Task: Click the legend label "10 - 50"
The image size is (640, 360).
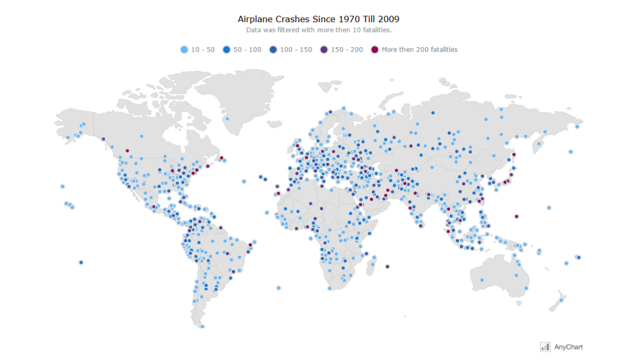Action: [x=203, y=50]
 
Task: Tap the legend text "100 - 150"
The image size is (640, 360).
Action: [x=296, y=50]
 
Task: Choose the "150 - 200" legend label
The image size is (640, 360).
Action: [x=346, y=50]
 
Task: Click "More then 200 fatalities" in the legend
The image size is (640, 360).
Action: [x=419, y=50]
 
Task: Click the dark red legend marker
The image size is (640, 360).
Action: [x=375, y=50]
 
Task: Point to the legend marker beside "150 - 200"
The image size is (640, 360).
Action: [x=324, y=50]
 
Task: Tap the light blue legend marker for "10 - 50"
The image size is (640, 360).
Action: [x=185, y=50]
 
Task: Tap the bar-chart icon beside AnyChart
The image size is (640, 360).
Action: [x=545, y=346]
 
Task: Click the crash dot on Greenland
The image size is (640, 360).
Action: [x=227, y=119]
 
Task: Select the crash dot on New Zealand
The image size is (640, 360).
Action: [x=561, y=300]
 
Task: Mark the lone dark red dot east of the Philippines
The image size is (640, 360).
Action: [x=516, y=216]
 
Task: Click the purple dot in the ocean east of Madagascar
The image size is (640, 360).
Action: [x=387, y=266]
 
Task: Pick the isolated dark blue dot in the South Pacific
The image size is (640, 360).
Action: [x=81, y=262]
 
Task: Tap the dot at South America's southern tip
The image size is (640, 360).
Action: [x=202, y=326]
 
